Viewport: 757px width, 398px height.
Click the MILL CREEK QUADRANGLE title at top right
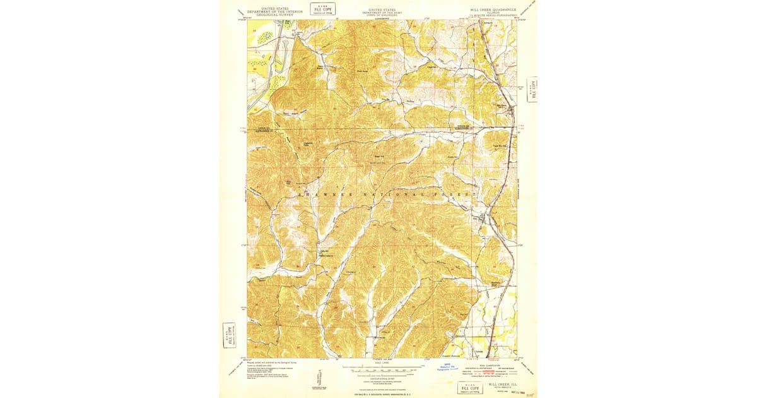click(x=493, y=10)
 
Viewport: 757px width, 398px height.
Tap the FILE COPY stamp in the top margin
click(x=323, y=8)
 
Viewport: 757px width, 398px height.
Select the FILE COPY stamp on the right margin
click(x=532, y=89)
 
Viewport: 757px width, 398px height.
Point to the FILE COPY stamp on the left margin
click(x=229, y=334)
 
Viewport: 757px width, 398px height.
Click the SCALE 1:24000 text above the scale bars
click(x=381, y=363)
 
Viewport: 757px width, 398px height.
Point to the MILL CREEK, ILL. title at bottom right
click(x=502, y=383)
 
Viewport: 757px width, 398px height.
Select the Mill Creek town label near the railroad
click(x=503, y=106)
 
